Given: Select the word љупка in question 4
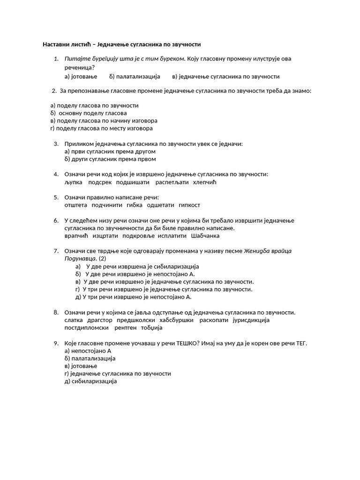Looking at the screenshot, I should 73,182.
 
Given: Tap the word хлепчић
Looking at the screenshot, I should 205,182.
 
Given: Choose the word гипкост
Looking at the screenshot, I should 189,205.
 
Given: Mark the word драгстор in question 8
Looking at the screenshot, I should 100,320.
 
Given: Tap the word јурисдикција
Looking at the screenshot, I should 251,320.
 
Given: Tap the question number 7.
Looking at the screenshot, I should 56,251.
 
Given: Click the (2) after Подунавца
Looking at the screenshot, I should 102,258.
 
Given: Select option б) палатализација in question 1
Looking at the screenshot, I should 135,76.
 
